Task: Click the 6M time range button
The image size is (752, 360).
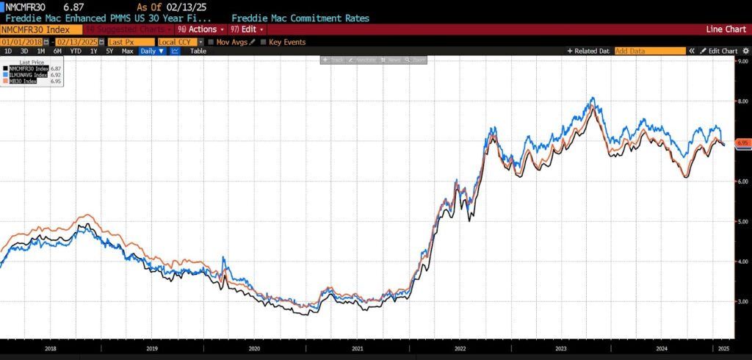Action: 57,51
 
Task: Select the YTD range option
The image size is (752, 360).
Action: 76,51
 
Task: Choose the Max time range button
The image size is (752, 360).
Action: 127,51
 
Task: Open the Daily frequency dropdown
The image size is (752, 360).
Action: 152,51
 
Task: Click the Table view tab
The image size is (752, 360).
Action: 199,51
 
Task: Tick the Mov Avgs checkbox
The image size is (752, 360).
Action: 211,42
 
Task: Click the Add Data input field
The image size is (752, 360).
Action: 648,51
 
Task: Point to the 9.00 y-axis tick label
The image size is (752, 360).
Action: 742,62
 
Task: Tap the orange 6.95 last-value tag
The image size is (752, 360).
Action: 742,143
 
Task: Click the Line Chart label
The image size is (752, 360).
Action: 724,29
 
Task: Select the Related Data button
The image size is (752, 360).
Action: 588,51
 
